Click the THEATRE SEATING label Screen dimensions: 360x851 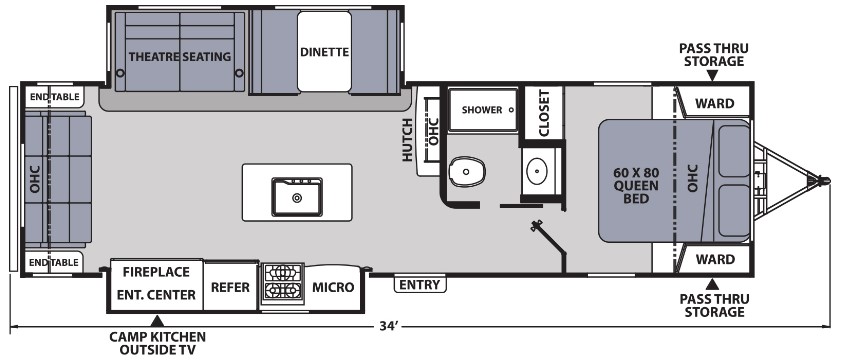179,56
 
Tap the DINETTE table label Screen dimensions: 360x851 324,53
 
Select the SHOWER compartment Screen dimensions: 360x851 482,109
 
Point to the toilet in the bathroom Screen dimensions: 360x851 465,173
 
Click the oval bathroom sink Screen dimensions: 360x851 538,172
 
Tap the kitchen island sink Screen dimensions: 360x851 297,193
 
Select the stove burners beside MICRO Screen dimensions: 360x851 282,283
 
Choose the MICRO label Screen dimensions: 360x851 333,288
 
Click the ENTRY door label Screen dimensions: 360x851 419,285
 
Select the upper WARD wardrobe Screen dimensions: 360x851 714,103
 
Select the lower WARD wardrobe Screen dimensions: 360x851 714,259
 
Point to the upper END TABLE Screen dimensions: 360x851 53,96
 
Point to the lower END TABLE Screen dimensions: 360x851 53,263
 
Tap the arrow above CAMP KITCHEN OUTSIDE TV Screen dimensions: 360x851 156,320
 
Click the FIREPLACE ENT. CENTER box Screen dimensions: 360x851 156,283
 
